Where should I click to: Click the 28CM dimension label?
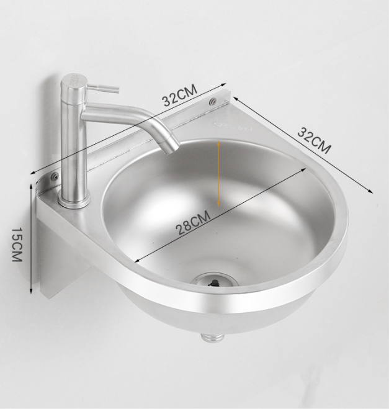194,223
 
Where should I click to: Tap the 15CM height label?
17,244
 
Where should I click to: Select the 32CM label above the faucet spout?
179,96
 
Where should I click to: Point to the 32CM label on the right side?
314,140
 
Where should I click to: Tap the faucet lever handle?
102,88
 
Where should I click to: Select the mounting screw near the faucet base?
55,177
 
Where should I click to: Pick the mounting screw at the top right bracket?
213,101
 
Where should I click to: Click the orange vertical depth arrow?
219,174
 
